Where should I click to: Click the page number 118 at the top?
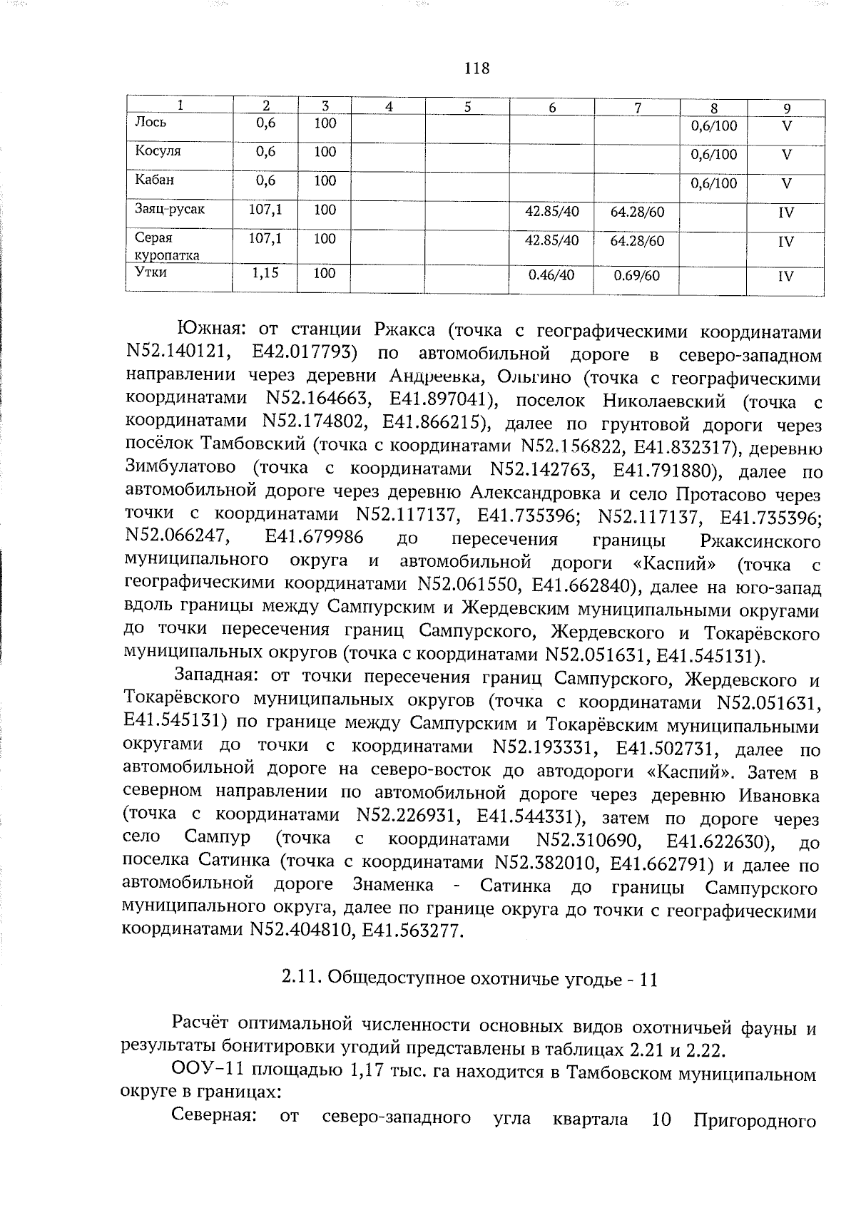click(x=477, y=68)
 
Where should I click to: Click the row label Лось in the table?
click(x=151, y=122)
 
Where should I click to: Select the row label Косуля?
click(x=158, y=151)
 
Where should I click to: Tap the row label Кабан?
click(x=154, y=180)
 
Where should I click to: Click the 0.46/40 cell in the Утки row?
click(x=551, y=275)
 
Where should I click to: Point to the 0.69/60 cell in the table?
click(x=637, y=275)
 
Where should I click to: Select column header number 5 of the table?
click(x=467, y=107)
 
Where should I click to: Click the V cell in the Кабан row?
click(x=785, y=183)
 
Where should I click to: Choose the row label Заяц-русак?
click(x=170, y=210)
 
